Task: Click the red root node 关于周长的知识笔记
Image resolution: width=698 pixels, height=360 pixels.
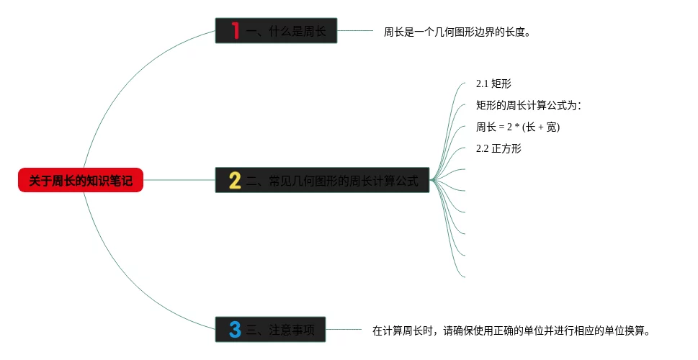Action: tap(81, 180)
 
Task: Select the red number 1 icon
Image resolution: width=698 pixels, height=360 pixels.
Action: tap(235, 31)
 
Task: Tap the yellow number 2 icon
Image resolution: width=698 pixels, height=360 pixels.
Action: tap(235, 180)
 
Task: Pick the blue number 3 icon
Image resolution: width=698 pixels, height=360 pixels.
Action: tap(235, 330)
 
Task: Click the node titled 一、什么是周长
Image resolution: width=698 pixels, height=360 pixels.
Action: tap(285, 31)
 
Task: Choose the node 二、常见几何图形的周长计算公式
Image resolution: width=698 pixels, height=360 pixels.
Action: tap(331, 180)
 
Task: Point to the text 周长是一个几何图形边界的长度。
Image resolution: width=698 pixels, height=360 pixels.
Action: tap(457, 32)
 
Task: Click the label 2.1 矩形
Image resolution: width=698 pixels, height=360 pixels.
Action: tap(493, 84)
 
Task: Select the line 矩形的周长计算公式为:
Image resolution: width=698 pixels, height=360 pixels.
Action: tap(528, 106)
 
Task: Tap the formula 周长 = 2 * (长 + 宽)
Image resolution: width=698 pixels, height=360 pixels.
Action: tap(518, 127)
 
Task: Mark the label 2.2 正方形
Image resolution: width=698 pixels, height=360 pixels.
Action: tap(498, 149)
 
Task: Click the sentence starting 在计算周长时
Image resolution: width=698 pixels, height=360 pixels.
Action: tap(511, 331)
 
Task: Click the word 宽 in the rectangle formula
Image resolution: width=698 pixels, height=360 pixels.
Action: tap(551, 127)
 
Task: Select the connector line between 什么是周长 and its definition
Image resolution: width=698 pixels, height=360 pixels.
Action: tap(355, 31)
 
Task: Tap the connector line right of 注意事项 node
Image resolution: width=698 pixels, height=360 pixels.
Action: tap(343, 330)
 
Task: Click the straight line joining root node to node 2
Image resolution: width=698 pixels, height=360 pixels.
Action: tap(179, 180)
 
